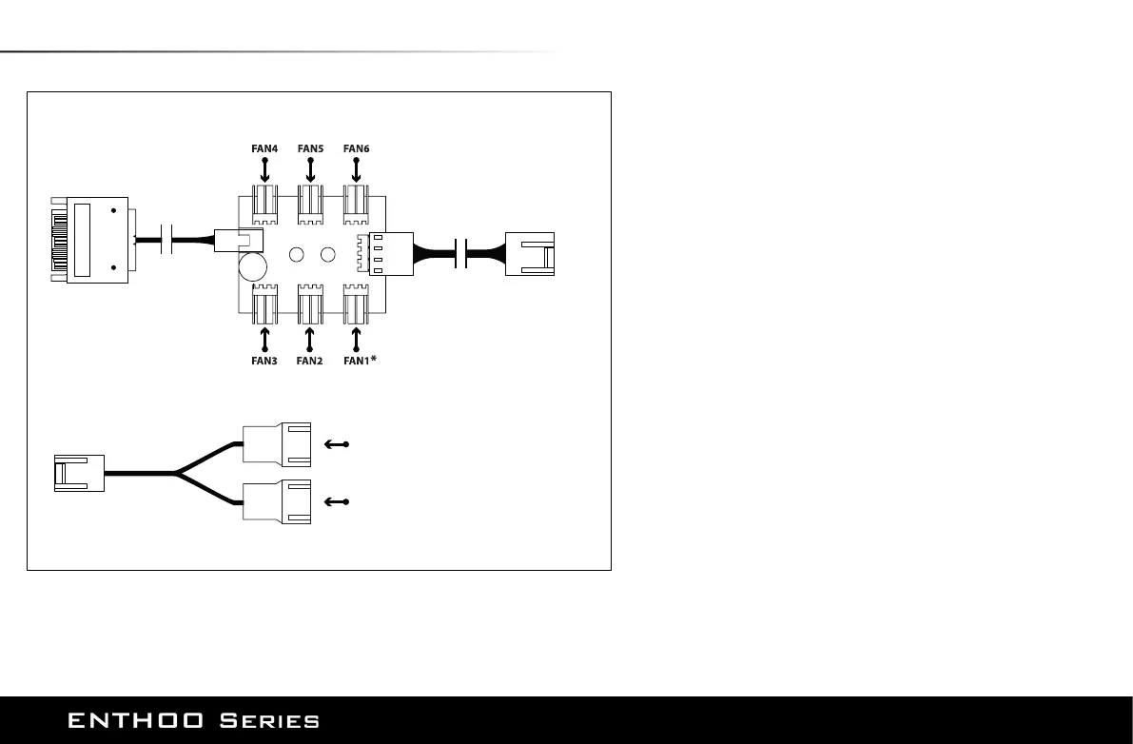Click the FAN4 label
(x=264, y=148)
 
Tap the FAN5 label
(x=310, y=148)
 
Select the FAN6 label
(x=356, y=148)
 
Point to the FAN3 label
(x=264, y=362)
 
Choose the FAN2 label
(x=310, y=362)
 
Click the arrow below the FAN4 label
(x=264, y=171)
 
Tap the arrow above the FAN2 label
(x=310, y=339)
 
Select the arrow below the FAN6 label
(x=356, y=171)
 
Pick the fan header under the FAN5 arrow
(x=310, y=204)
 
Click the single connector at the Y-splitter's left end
(x=78, y=472)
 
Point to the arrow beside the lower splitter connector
(x=338, y=501)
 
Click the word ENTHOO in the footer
(x=134, y=721)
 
